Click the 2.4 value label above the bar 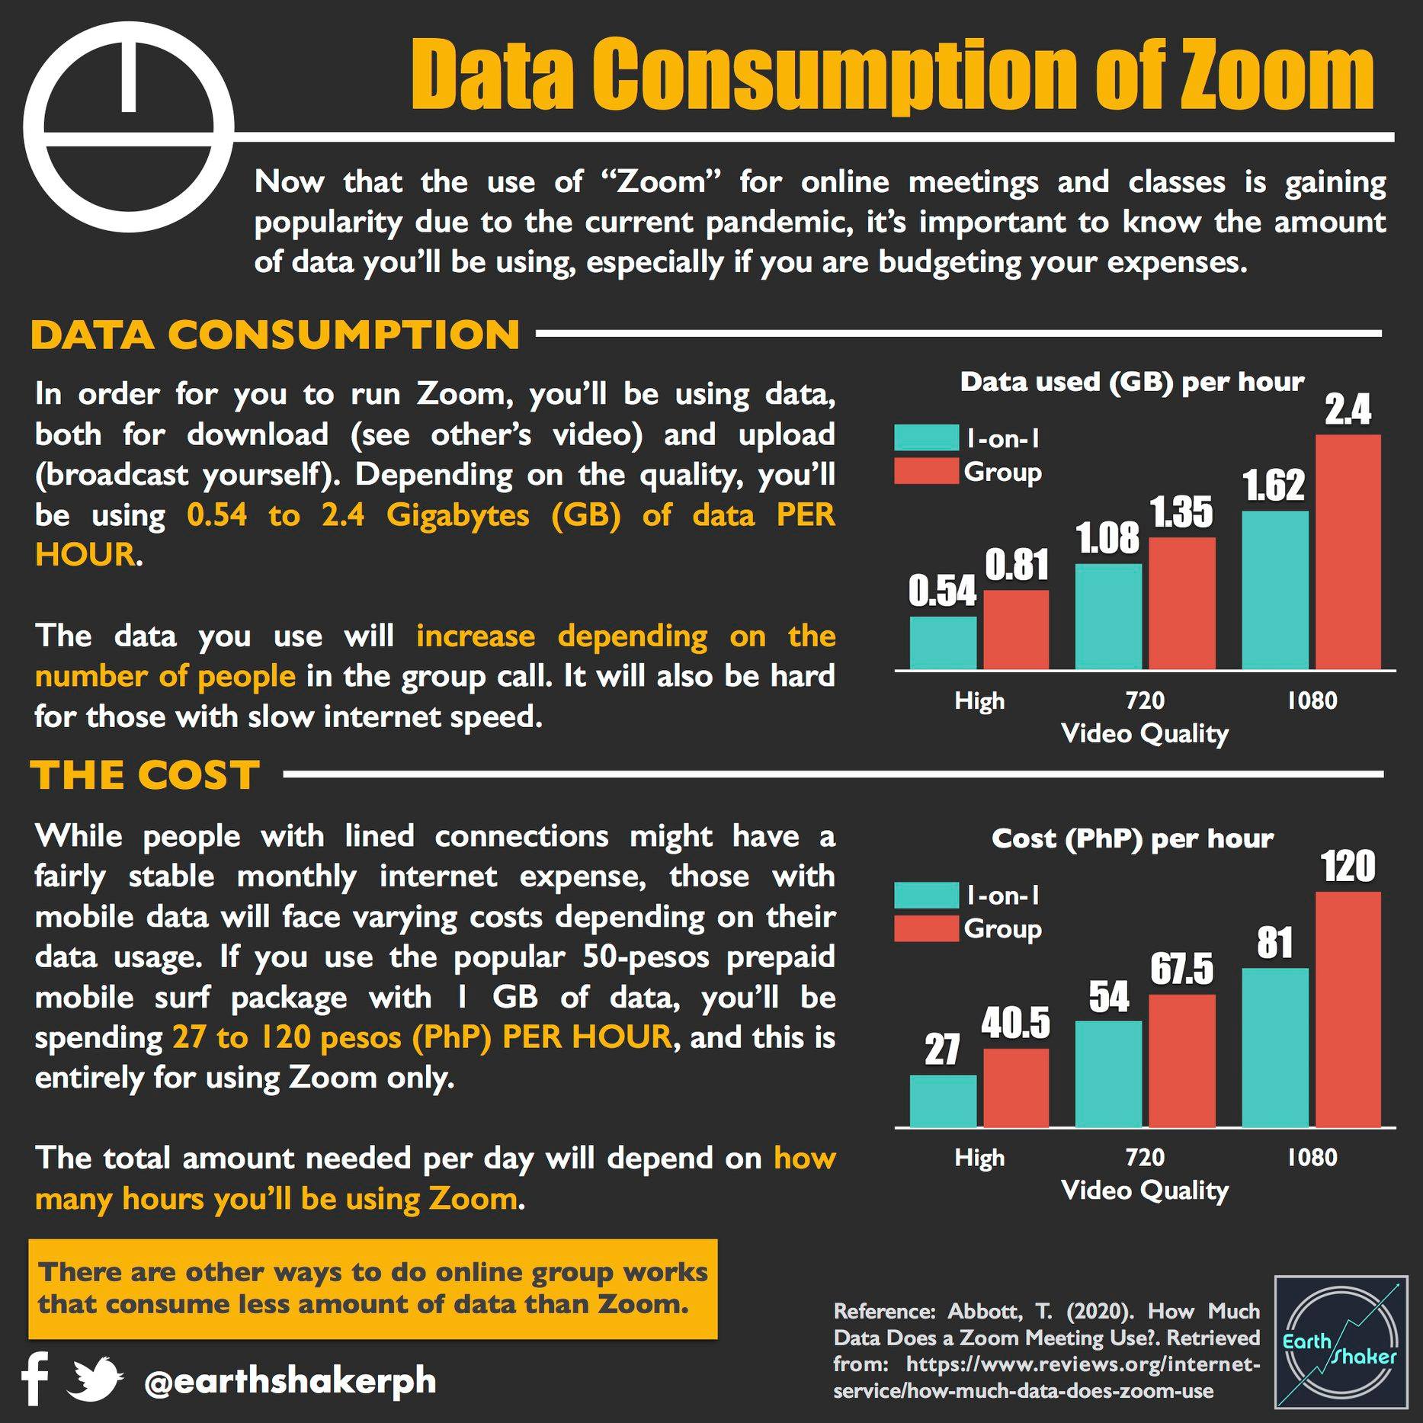pos(1348,411)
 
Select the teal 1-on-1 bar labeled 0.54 pos(943,643)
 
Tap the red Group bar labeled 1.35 pos(1182,604)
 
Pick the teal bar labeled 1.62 pos(1275,591)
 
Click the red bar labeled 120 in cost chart pos(1348,1009)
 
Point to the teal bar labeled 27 pos(943,1101)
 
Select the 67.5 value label pos(1181,970)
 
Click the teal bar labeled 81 pos(1275,1048)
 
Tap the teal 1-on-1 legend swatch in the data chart pos(926,437)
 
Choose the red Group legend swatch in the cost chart pos(926,928)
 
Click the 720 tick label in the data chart pos(1145,700)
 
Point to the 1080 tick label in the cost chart pos(1312,1158)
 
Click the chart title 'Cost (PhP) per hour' pos(1133,839)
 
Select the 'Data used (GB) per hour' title pos(1133,382)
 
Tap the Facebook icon pos(35,1380)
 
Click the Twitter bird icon pos(95,1379)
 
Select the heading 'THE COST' pos(146,775)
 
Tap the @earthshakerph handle pos(290,1381)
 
